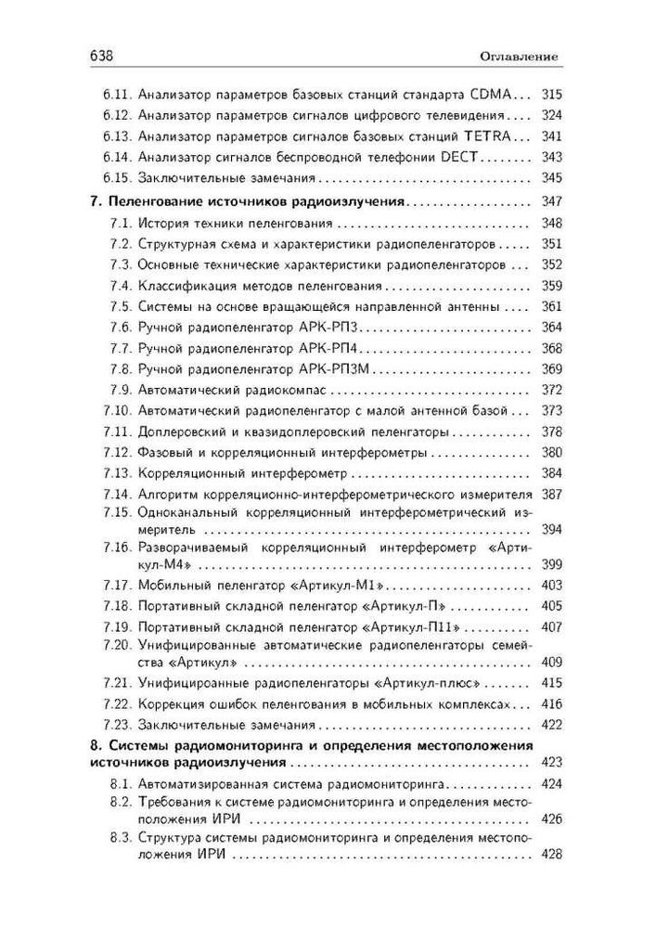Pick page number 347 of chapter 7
coord(552,202)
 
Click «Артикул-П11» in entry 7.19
coord(408,626)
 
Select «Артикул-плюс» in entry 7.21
coord(405,683)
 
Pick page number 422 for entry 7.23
coord(552,724)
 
